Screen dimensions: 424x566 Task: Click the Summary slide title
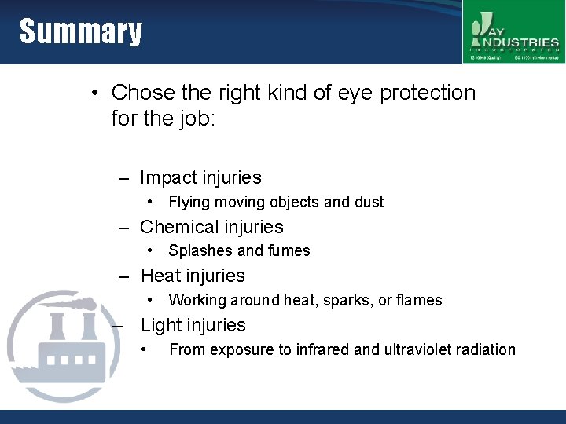point(81,32)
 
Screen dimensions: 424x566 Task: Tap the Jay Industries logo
point(513,32)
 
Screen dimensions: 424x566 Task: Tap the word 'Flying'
point(189,202)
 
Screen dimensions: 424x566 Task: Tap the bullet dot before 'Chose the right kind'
point(94,93)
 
